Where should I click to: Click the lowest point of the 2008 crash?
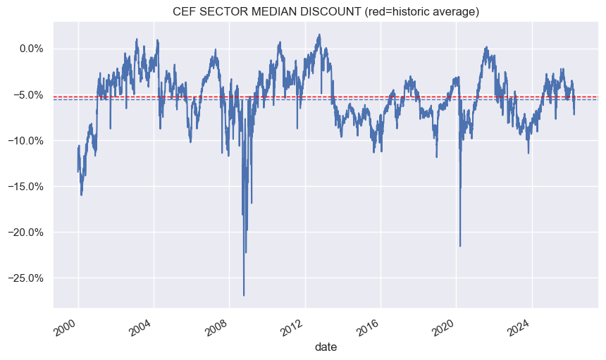click(244, 295)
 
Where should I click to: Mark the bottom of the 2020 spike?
click(460, 246)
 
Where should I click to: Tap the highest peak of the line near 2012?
click(319, 35)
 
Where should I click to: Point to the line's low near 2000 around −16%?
click(82, 194)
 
